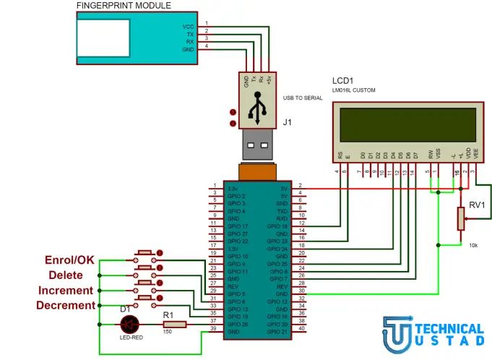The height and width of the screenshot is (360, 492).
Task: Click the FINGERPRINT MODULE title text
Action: point(124,6)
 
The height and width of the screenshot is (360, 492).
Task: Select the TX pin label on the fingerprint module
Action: point(189,33)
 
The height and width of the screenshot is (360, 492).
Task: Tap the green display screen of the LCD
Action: point(408,124)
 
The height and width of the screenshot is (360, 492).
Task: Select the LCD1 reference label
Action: point(344,81)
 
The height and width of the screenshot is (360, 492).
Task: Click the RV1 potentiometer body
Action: point(460,218)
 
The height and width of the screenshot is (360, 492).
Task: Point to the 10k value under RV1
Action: point(473,246)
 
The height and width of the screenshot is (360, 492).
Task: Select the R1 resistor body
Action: point(174,325)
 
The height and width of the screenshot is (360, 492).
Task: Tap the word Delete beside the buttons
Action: point(71,275)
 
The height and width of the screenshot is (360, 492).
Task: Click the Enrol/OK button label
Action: point(70,259)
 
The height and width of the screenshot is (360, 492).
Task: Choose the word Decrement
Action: point(66,305)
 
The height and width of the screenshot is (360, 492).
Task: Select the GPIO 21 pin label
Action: point(277,332)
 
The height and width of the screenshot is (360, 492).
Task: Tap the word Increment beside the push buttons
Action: point(66,290)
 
